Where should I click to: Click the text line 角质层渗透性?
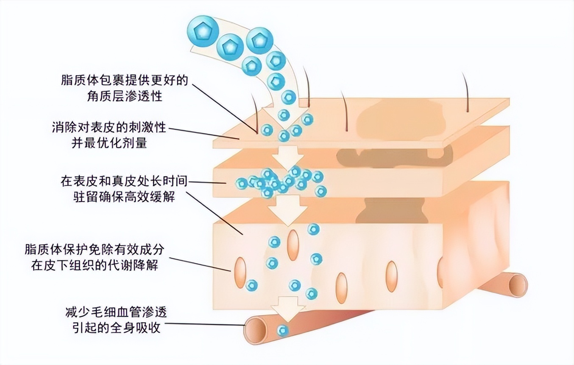point(125,96)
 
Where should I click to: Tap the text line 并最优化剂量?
point(109,143)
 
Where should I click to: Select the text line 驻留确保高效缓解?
point(124,197)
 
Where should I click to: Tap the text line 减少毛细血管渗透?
point(116,312)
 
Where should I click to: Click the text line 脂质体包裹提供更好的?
point(125,80)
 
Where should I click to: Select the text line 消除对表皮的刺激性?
point(109,127)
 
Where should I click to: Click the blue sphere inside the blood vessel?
point(283,331)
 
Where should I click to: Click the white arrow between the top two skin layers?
point(288,157)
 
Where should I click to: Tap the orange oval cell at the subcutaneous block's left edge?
point(240,273)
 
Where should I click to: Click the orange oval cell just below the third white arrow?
point(293,245)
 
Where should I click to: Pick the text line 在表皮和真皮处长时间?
point(124,181)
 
